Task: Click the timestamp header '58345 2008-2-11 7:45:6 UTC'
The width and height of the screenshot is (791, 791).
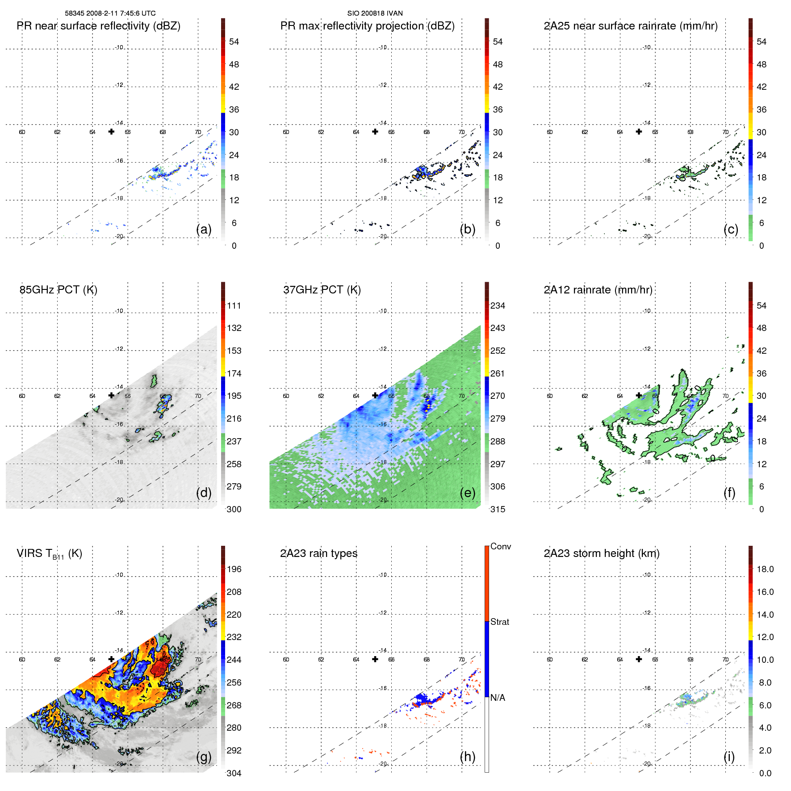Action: [x=110, y=13]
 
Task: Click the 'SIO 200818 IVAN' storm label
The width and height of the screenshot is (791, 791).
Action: [x=375, y=13]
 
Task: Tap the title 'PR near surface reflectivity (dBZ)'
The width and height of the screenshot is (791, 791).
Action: [x=98, y=26]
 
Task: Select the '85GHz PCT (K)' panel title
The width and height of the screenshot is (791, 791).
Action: [x=58, y=290]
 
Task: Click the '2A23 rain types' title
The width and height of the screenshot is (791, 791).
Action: [x=318, y=553]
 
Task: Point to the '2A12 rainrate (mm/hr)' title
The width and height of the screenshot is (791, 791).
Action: [x=598, y=290]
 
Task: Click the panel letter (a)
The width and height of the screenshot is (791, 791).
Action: [x=204, y=230]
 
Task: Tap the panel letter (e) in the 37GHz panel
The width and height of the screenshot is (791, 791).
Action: [x=467, y=493]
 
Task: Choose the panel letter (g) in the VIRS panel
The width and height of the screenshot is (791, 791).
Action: [x=204, y=757]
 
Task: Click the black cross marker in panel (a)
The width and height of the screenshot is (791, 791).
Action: [x=111, y=131]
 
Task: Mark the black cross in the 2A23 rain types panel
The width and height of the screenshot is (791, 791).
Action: [x=375, y=659]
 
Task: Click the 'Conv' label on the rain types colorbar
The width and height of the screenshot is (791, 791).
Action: [x=500, y=546]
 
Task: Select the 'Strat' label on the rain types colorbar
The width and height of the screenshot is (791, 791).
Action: [x=499, y=622]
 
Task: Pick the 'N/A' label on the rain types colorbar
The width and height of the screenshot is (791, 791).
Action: [x=498, y=698]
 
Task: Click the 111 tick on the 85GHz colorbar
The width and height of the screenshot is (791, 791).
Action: [x=234, y=306]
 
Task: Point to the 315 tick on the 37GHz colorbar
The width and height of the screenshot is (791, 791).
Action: [x=498, y=509]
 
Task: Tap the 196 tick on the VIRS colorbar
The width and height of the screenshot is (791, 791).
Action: [x=234, y=569]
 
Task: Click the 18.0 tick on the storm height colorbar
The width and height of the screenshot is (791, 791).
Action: [x=765, y=569]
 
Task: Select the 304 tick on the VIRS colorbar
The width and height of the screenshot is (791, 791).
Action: [x=234, y=773]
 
